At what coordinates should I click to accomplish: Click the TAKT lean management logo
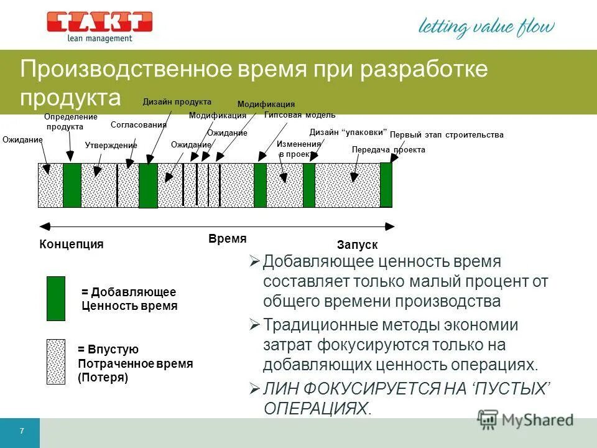99,26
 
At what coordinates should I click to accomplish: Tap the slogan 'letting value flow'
486,27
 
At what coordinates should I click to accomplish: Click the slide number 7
22,432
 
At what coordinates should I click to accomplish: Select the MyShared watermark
525,419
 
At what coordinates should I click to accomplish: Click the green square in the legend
56,299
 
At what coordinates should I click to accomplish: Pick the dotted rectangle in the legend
56,362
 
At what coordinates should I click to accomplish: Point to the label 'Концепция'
71,244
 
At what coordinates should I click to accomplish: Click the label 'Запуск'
357,245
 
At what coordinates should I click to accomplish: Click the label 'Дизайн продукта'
177,102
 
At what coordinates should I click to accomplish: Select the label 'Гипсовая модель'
300,115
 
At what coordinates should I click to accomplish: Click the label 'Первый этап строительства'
447,134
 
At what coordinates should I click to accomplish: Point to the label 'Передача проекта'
389,150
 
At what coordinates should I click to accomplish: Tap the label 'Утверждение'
111,145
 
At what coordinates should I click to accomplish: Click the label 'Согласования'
139,124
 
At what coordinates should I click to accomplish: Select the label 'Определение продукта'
71,121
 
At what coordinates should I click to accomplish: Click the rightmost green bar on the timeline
386,185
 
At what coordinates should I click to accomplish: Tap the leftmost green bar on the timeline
72,185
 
